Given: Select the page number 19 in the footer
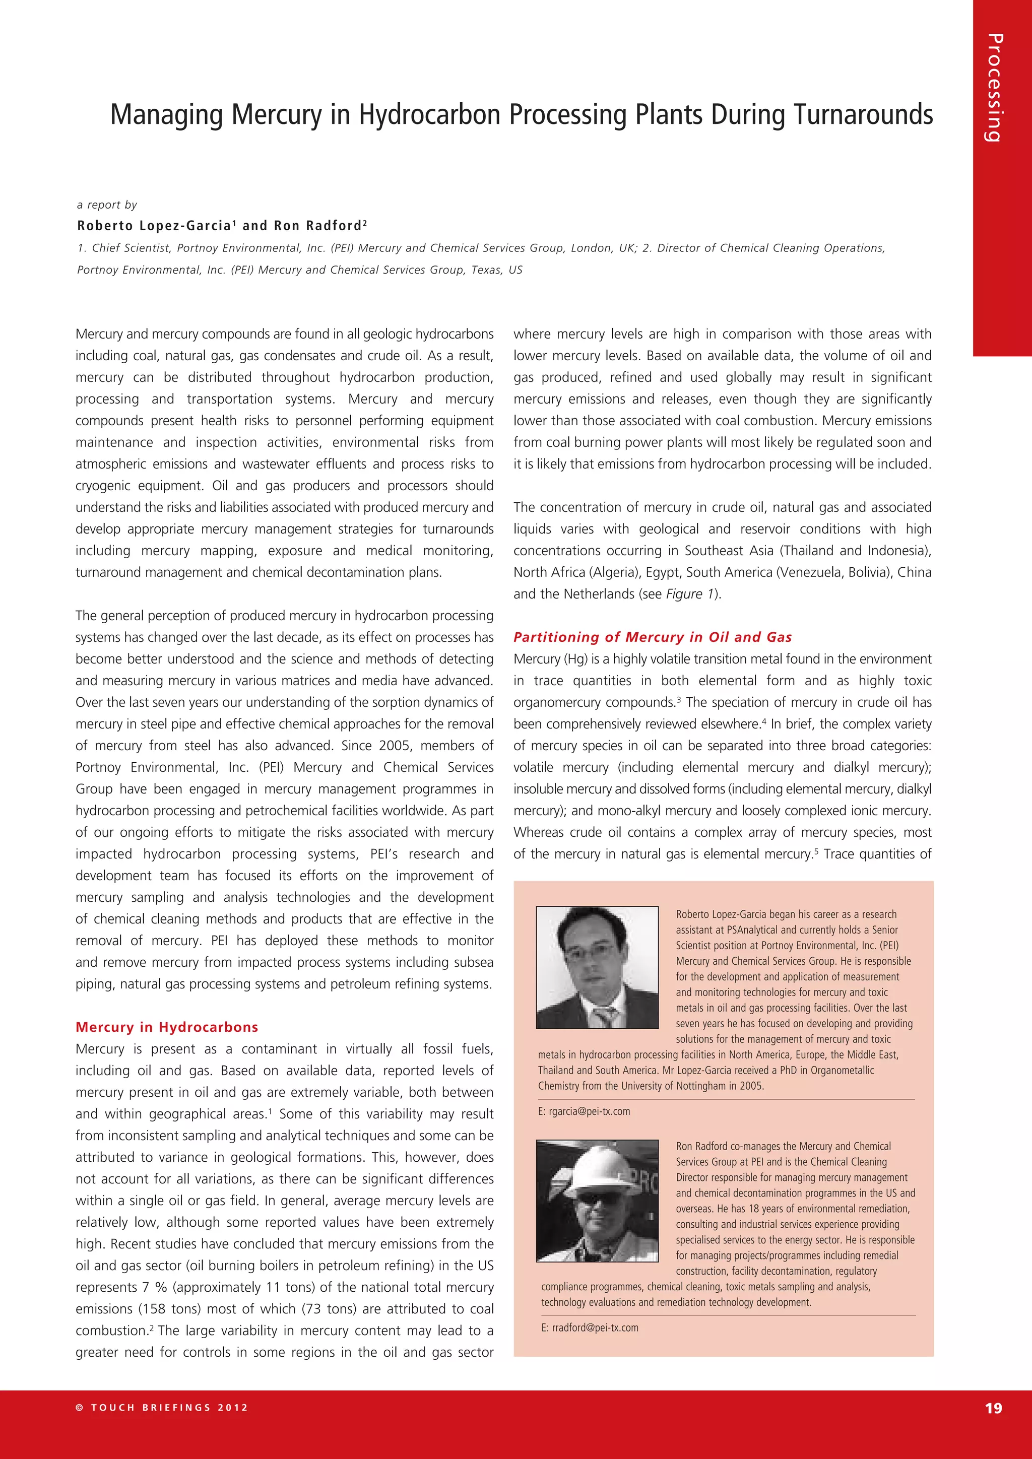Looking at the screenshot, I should coord(993,1408).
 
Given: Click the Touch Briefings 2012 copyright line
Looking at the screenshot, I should coord(162,1408).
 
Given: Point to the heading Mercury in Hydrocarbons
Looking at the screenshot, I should coord(166,1027).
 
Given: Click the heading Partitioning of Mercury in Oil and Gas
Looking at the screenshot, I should coord(652,637).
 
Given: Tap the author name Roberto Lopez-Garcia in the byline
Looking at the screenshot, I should coord(154,226).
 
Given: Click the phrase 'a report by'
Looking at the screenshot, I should coord(107,205).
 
